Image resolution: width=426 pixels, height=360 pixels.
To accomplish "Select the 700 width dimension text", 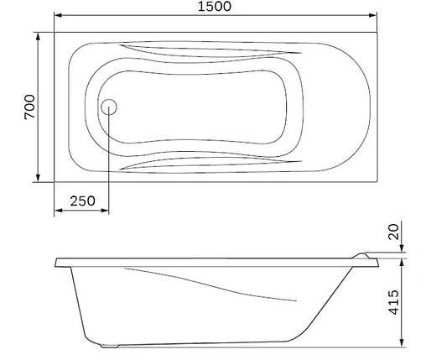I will pyautogui.click(x=27, y=107).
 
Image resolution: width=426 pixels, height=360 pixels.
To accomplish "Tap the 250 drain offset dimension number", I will pyautogui.click(x=81, y=201).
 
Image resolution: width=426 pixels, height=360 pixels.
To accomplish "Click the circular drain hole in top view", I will pyautogui.click(x=109, y=107).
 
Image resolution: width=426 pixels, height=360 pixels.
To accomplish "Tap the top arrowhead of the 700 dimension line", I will pyautogui.click(x=38, y=37).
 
